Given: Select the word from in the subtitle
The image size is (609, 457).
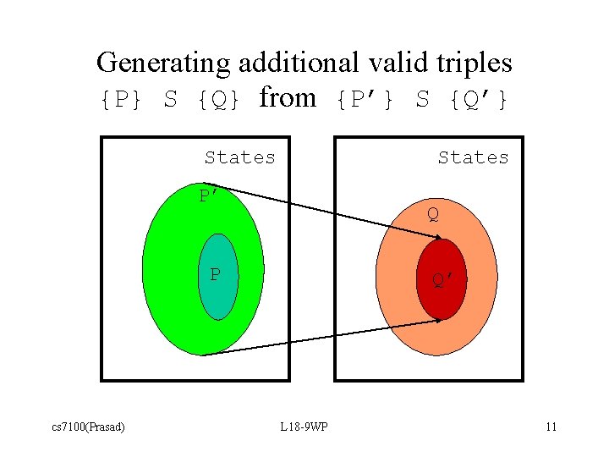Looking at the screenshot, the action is point(288,98).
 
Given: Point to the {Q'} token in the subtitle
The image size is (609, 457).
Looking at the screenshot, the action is point(479,100).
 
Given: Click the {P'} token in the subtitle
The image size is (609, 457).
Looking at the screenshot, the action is point(365,100).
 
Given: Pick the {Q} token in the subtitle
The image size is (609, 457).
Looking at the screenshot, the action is point(219,100).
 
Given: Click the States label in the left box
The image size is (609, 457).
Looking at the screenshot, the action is point(240,157).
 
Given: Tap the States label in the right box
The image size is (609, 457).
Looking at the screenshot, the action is point(473,157).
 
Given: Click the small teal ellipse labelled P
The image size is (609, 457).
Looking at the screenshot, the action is point(217,296).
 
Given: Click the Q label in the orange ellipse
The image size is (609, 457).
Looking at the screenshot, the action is point(432,214).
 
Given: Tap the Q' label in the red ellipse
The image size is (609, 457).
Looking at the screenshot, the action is point(444,280).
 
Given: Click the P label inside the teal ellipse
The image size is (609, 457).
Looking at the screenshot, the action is point(216,275).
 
